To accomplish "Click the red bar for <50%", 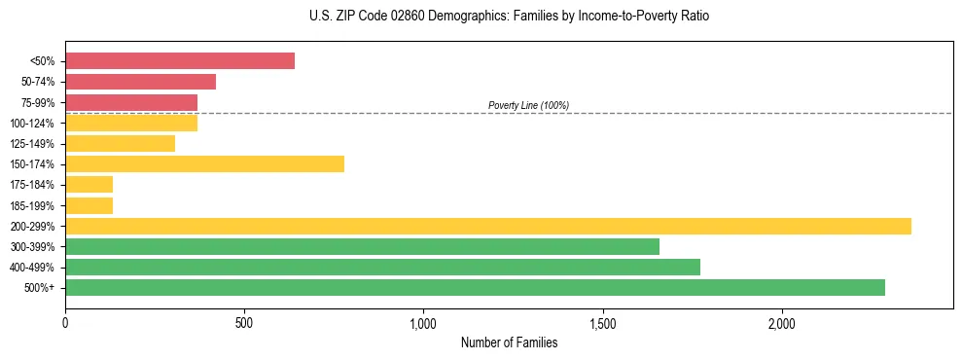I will click(180, 61).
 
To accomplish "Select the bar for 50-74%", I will click(140, 82).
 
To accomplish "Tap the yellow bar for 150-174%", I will click(204, 163).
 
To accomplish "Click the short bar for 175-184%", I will click(89, 184).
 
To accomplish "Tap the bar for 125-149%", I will click(120, 143).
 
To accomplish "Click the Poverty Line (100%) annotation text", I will click(528, 105).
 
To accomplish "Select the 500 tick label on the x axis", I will click(244, 322).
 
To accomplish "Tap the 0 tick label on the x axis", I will click(65, 322).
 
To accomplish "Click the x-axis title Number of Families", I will click(509, 342).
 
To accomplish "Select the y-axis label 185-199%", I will click(32, 205).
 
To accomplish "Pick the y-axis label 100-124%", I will click(32, 124).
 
